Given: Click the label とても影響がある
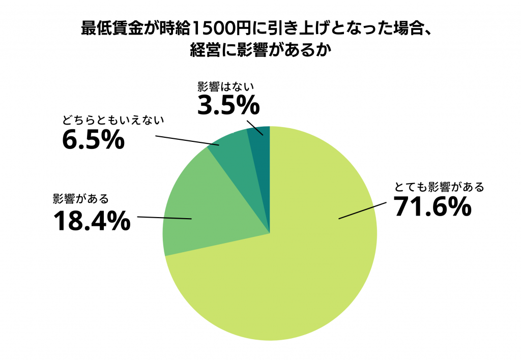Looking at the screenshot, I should tap(439, 187).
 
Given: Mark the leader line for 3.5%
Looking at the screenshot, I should tap(255, 128).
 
